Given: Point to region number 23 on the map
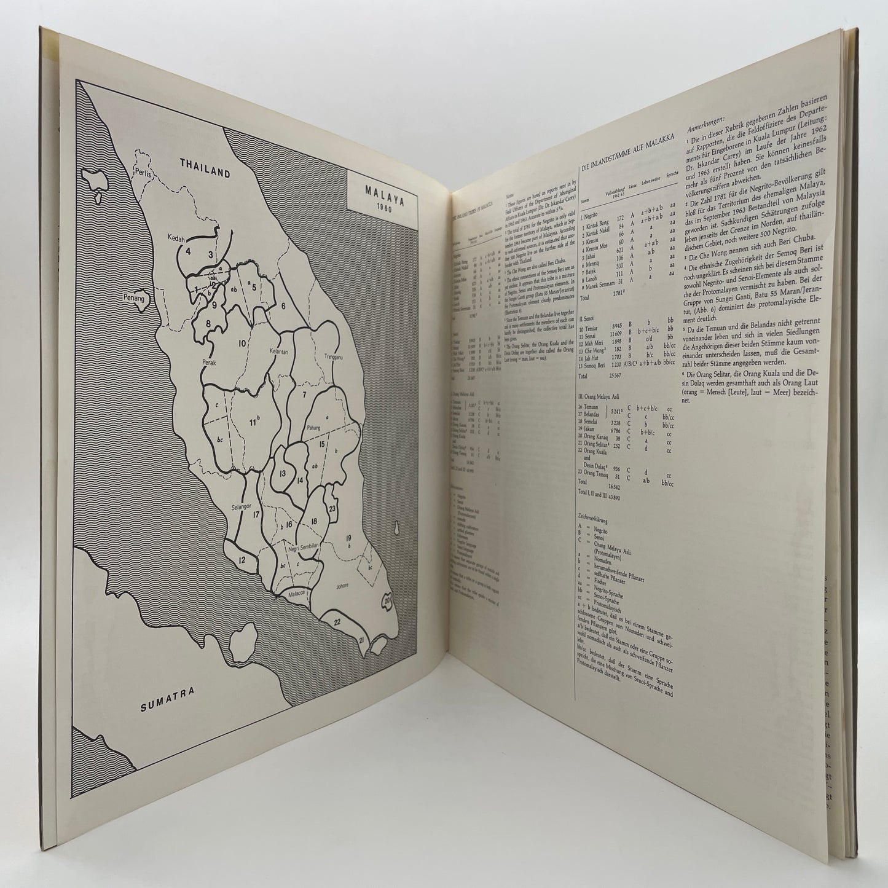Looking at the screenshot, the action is click(332, 508).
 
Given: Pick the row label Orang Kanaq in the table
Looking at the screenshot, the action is click(592, 438).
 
